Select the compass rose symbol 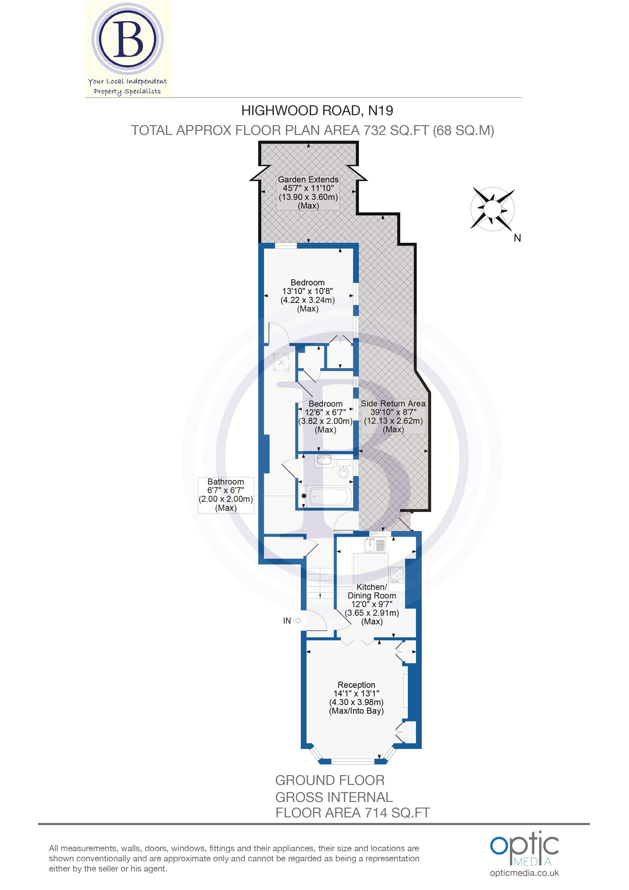click(492, 209)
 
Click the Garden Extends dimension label click(308, 193)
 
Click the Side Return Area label click(393, 416)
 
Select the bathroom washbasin click(324, 460)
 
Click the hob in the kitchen click(396, 574)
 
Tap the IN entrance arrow click(297, 621)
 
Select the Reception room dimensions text click(356, 698)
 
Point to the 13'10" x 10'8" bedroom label click(307, 295)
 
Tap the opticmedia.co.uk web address click(524, 873)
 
